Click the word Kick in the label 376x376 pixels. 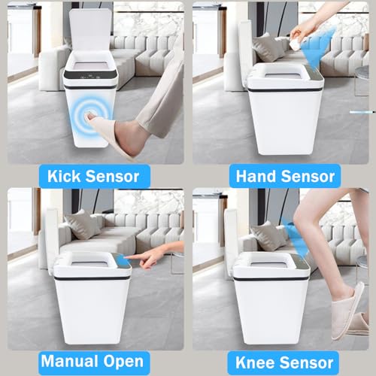point(64,176)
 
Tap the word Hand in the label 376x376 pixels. point(256,176)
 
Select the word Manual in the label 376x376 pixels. point(70,361)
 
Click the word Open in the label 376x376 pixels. point(123,362)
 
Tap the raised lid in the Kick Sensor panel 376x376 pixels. point(90,31)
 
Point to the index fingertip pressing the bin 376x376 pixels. point(126,257)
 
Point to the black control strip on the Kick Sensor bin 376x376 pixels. point(90,74)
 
